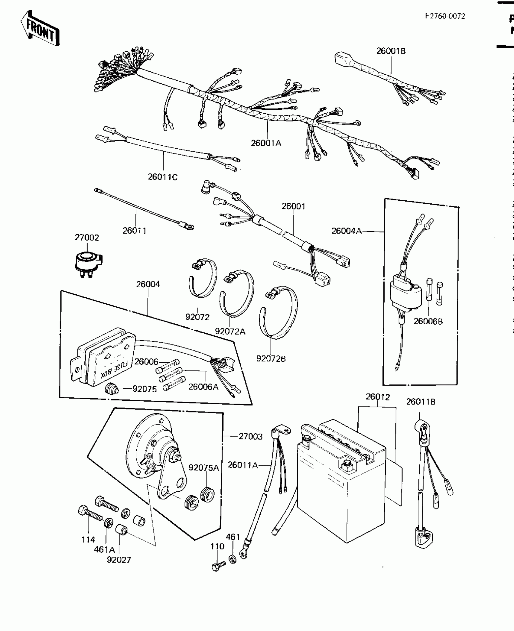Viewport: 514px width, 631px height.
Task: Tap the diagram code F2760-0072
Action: (x=445, y=16)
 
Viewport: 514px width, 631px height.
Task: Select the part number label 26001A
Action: (x=266, y=143)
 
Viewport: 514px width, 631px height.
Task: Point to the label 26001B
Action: (x=391, y=51)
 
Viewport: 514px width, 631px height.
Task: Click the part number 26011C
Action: (x=162, y=177)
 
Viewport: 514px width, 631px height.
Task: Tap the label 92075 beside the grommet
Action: (x=145, y=389)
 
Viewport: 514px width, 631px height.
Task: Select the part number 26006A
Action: (x=203, y=387)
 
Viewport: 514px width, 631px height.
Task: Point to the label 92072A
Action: (x=230, y=332)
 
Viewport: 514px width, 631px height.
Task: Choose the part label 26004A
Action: (x=346, y=231)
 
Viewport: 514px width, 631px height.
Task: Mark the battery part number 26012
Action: (x=378, y=396)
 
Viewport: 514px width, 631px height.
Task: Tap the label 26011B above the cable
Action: (x=421, y=402)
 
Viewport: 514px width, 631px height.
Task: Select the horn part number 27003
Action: (x=250, y=436)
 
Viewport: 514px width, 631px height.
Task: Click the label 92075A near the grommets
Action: (x=203, y=468)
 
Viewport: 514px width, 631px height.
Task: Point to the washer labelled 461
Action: (x=232, y=559)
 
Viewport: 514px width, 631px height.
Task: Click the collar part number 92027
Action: (x=119, y=560)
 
